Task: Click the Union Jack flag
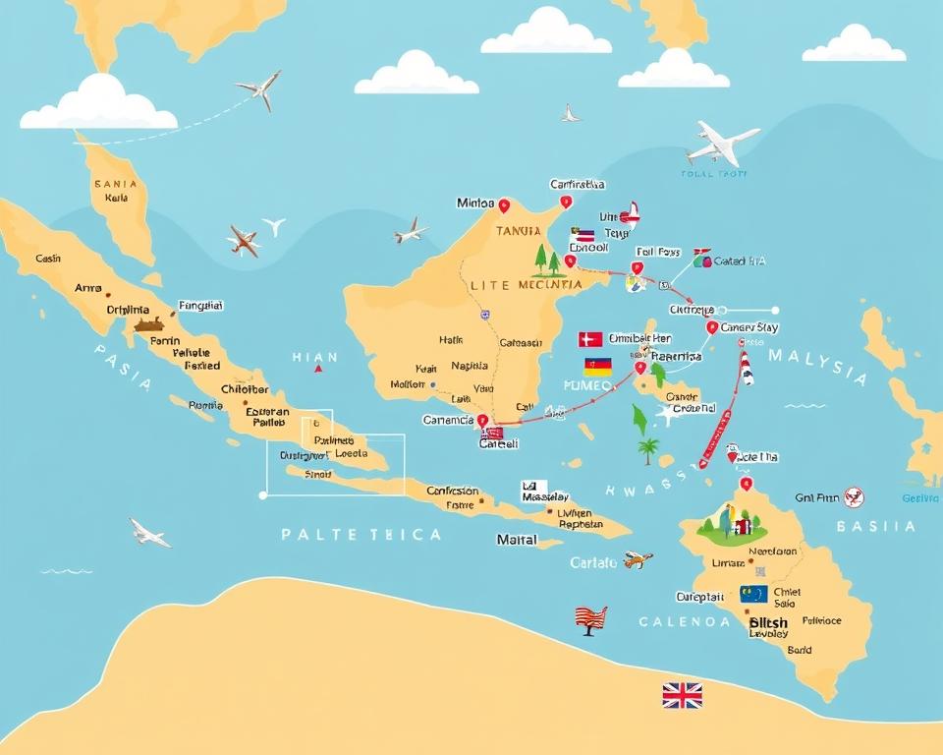tap(682, 696)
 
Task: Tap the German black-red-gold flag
tap(597, 367)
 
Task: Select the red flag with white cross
tap(590, 339)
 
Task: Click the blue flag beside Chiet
tap(753, 594)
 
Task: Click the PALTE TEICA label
tap(361, 535)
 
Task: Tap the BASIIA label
tap(875, 527)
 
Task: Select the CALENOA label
tap(684, 621)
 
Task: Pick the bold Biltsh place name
tap(768, 622)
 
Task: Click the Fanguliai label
tap(200, 306)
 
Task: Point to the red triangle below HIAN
tap(317, 370)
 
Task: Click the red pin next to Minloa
tap(504, 205)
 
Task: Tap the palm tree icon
tap(647, 451)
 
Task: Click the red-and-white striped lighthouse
tap(748, 368)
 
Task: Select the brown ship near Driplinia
tap(149, 323)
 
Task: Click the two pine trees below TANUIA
tap(547, 261)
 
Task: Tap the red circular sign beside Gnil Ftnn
tap(854, 497)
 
